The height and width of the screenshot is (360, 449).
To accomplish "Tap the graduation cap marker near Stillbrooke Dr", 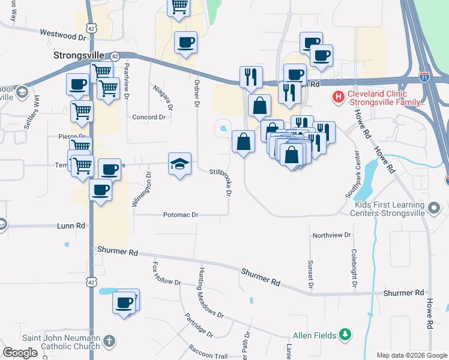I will click(179, 164).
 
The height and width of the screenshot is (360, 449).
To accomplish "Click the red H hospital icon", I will click(338, 95).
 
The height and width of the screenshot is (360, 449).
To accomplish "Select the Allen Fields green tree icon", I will click(345, 334).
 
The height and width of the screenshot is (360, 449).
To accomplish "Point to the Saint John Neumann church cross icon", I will click(108, 341).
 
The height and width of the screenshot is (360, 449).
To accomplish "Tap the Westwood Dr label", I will click(63, 35).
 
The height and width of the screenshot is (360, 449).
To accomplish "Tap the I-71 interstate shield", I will click(424, 77).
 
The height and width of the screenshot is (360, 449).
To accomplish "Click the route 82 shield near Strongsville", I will click(115, 55).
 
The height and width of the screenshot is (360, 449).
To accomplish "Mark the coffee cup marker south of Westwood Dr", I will click(185, 43).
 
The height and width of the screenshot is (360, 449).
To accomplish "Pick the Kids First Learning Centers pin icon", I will click(435, 209).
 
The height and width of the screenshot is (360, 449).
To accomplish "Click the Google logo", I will click(20, 353).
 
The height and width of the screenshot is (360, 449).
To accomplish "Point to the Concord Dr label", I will click(148, 117).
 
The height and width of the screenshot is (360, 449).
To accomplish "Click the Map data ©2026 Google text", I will click(412, 355).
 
